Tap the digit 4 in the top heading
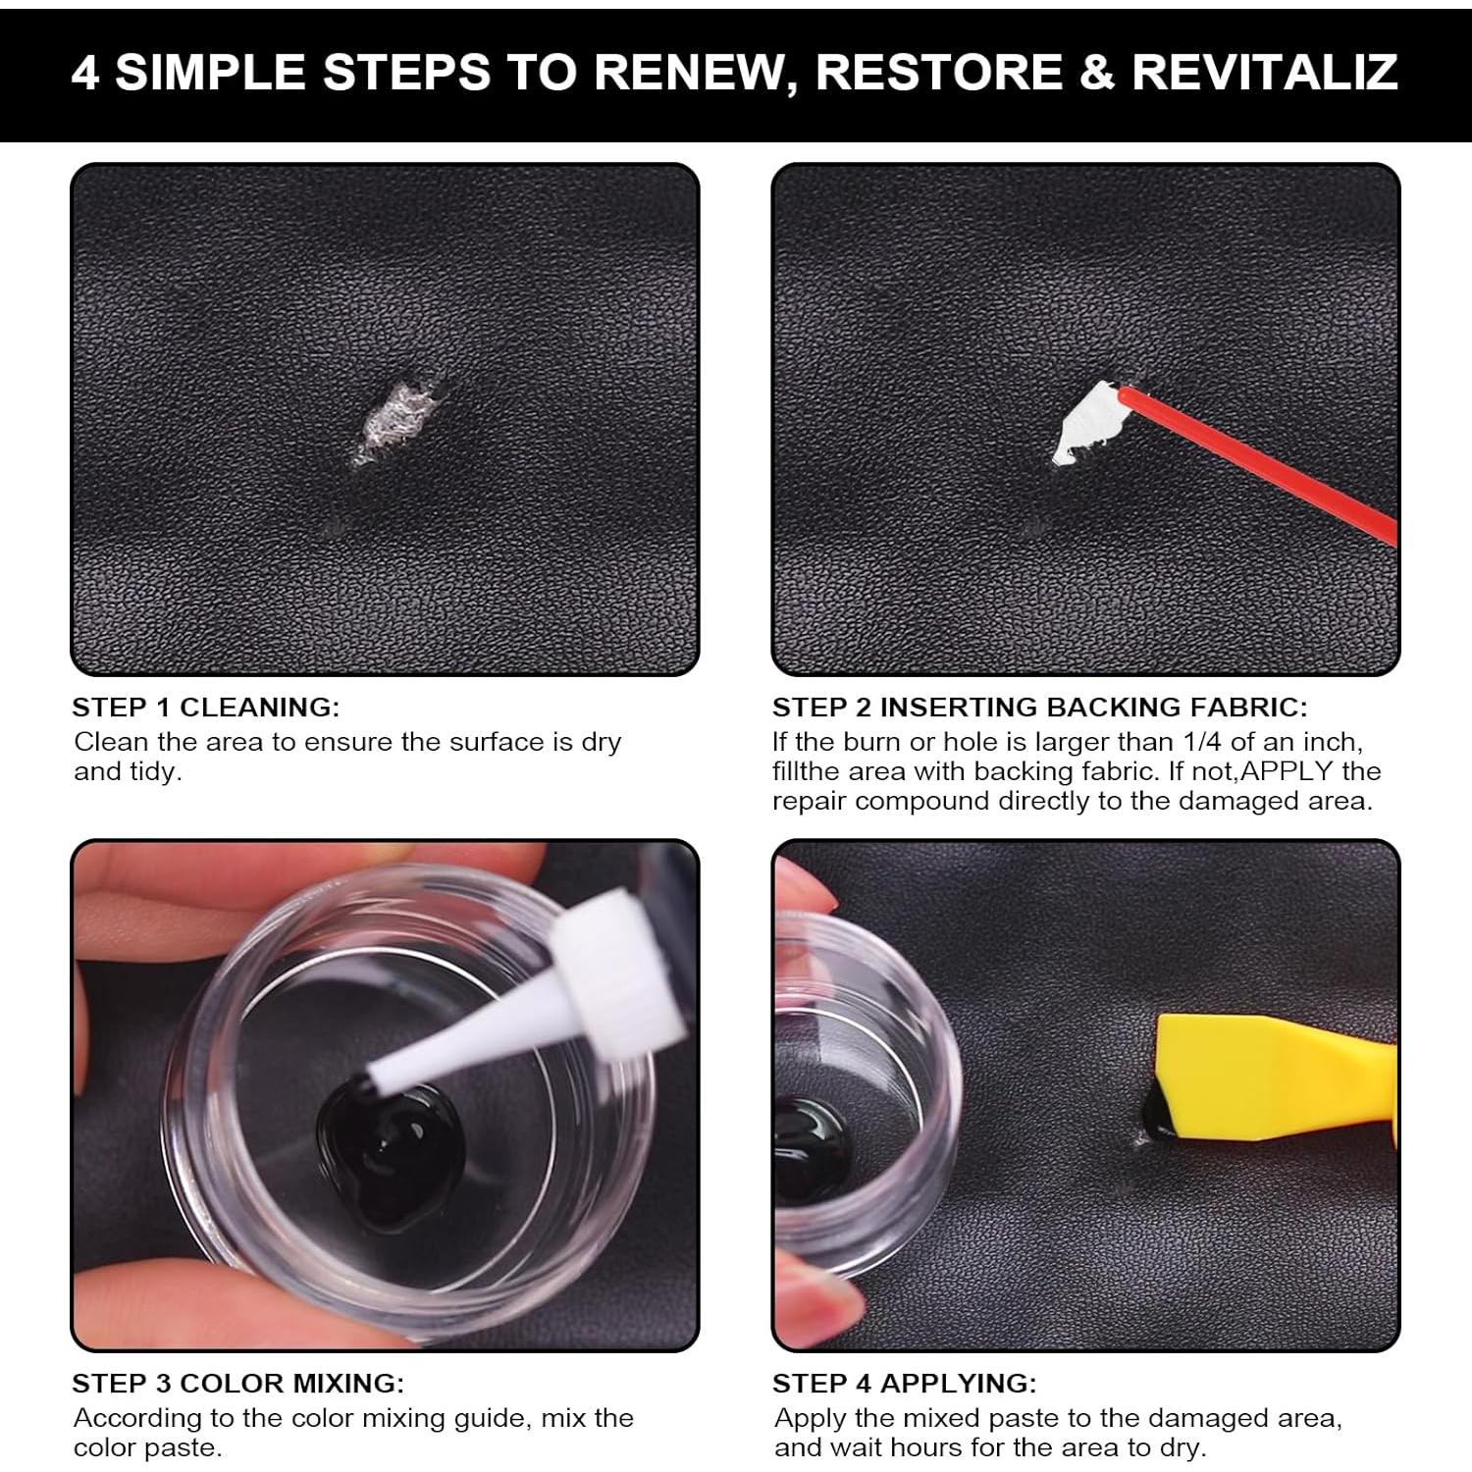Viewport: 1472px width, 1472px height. [x=85, y=73]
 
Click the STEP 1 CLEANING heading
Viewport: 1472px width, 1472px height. [x=205, y=707]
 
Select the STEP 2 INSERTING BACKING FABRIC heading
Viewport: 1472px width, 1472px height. [x=1039, y=707]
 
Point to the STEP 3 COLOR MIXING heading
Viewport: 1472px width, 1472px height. [x=237, y=1383]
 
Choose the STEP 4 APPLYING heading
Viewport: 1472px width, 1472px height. [x=904, y=1383]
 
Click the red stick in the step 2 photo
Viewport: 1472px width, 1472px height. [x=1266, y=459]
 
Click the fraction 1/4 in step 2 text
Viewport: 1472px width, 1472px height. [x=1203, y=742]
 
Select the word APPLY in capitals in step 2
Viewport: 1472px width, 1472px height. [x=1287, y=771]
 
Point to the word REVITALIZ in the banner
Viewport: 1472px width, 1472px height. [x=1264, y=72]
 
